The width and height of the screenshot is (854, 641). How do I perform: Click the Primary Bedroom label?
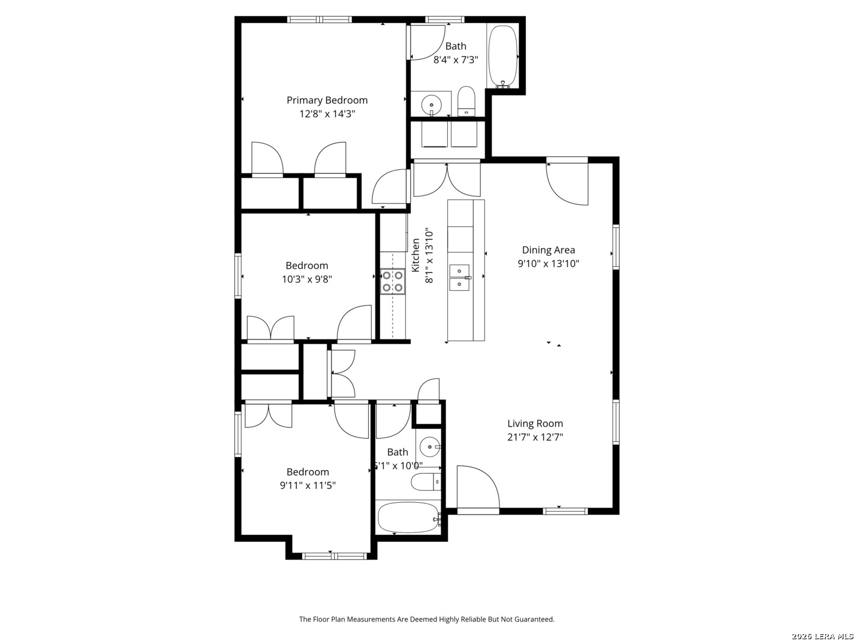(x=327, y=100)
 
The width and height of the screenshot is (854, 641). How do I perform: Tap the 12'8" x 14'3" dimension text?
(x=327, y=114)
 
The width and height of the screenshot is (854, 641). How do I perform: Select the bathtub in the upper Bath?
(x=503, y=57)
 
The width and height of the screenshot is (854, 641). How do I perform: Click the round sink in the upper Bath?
(x=432, y=105)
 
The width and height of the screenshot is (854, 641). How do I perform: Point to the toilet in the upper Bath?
(x=466, y=101)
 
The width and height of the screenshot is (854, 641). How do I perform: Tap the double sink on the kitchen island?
(x=460, y=278)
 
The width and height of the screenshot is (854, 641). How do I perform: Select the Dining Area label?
(x=548, y=250)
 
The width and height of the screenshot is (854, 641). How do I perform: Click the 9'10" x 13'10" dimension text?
(x=548, y=264)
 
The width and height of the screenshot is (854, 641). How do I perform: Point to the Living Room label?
(x=535, y=423)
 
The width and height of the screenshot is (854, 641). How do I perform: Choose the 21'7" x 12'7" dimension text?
(x=535, y=437)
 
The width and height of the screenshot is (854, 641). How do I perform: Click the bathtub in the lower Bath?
(x=408, y=517)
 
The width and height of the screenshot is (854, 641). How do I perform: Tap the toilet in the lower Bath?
(x=426, y=482)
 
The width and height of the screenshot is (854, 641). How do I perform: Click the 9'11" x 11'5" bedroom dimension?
(x=307, y=485)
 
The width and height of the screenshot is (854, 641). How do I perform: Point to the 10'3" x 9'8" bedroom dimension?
(x=307, y=280)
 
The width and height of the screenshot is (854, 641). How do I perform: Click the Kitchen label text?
(x=416, y=255)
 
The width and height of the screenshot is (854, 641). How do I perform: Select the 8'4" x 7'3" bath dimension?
(x=455, y=60)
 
